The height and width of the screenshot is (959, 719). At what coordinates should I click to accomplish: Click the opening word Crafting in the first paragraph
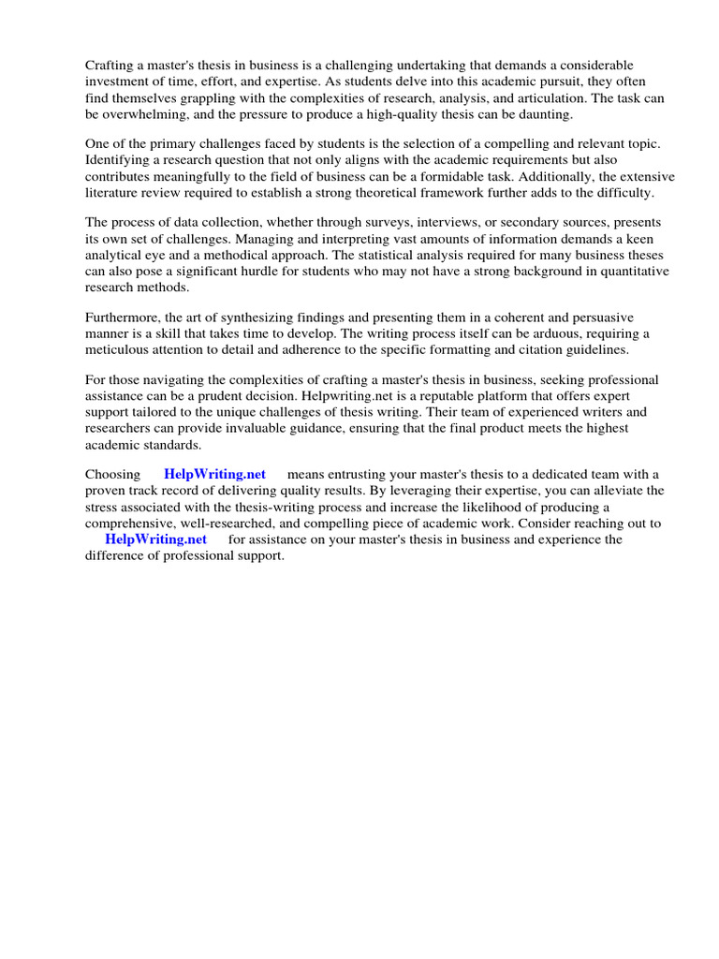tap(110, 66)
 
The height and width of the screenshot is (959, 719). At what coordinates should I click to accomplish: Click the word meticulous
tap(122, 349)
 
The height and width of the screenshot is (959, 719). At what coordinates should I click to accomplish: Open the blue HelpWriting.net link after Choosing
tap(214, 475)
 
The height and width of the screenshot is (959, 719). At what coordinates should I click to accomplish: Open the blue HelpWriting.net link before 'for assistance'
tap(155, 539)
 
